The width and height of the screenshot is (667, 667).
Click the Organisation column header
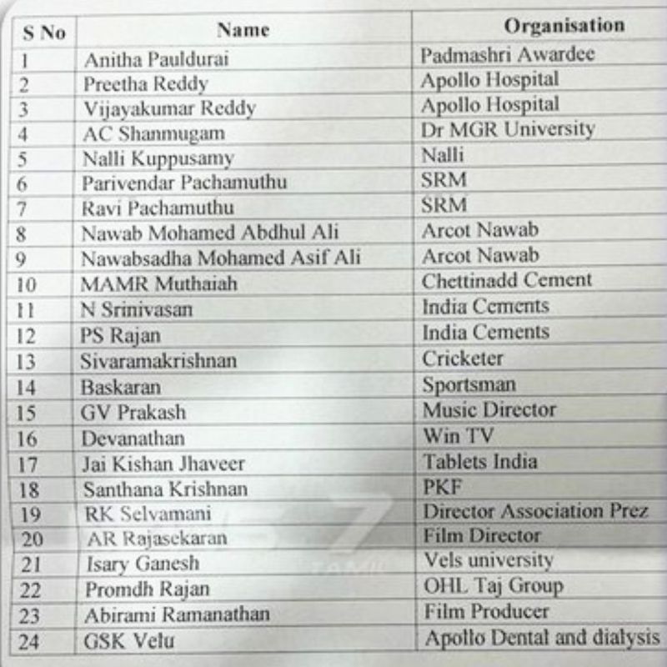pyautogui.click(x=564, y=26)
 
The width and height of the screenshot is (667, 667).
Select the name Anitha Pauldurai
pyautogui.click(x=156, y=59)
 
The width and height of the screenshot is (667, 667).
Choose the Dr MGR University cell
pyautogui.click(x=508, y=129)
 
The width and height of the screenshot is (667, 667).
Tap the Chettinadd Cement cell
pyautogui.click(x=507, y=280)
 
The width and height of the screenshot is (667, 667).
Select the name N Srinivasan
pyautogui.click(x=137, y=309)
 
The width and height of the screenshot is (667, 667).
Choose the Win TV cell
pyautogui.click(x=458, y=435)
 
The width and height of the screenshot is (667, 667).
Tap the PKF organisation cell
pyautogui.click(x=442, y=486)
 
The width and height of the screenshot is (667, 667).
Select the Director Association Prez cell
pyautogui.click(x=534, y=510)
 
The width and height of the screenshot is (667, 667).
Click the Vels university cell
pyautogui.click(x=488, y=560)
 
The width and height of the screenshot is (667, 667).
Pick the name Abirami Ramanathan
pyautogui.click(x=178, y=615)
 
